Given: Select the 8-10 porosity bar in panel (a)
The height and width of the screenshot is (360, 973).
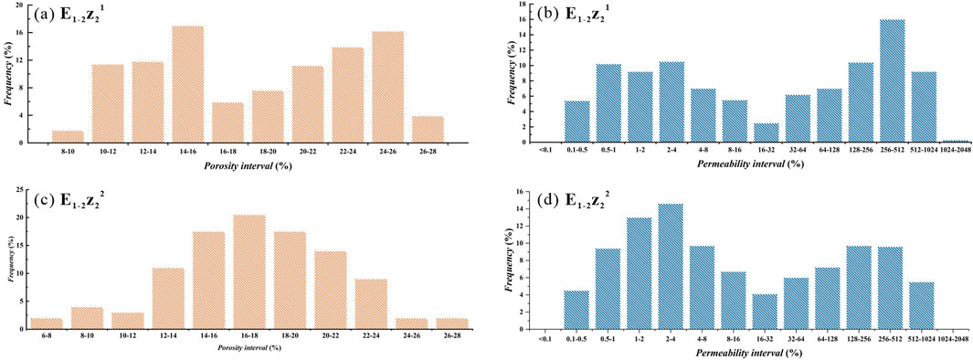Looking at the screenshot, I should coord(68,136).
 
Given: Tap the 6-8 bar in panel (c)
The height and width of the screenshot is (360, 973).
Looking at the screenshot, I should coord(45,323).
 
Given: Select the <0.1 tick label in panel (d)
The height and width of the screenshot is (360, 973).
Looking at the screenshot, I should coord(544,338).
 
